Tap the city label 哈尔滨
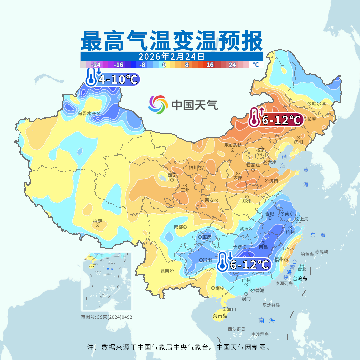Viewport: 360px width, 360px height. (x=319, y=104)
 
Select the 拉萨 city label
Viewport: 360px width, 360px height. (x=97, y=221)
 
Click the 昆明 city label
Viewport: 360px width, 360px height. (x=165, y=271)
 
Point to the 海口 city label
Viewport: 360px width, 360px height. (x=231, y=309)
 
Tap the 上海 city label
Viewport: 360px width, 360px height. (x=304, y=219)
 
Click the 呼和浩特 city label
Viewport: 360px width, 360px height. (x=232, y=145)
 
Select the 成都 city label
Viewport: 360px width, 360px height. (x=178, y=227)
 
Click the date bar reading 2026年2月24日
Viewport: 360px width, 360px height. (x=171, y=56)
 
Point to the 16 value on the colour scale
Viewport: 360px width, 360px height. (x=210, y=65)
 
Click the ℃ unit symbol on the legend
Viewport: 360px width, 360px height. (x=256, y=65)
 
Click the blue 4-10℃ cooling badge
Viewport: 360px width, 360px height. (x=112, y=79)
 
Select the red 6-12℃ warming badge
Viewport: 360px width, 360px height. (x=276, y=119)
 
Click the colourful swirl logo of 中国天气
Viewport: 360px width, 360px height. (x=158, y=105)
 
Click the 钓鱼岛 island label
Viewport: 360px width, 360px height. (x=307, y=254)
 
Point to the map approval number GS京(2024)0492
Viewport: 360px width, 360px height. (x=106, y=317)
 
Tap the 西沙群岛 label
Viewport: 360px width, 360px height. (x=237, y=329)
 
